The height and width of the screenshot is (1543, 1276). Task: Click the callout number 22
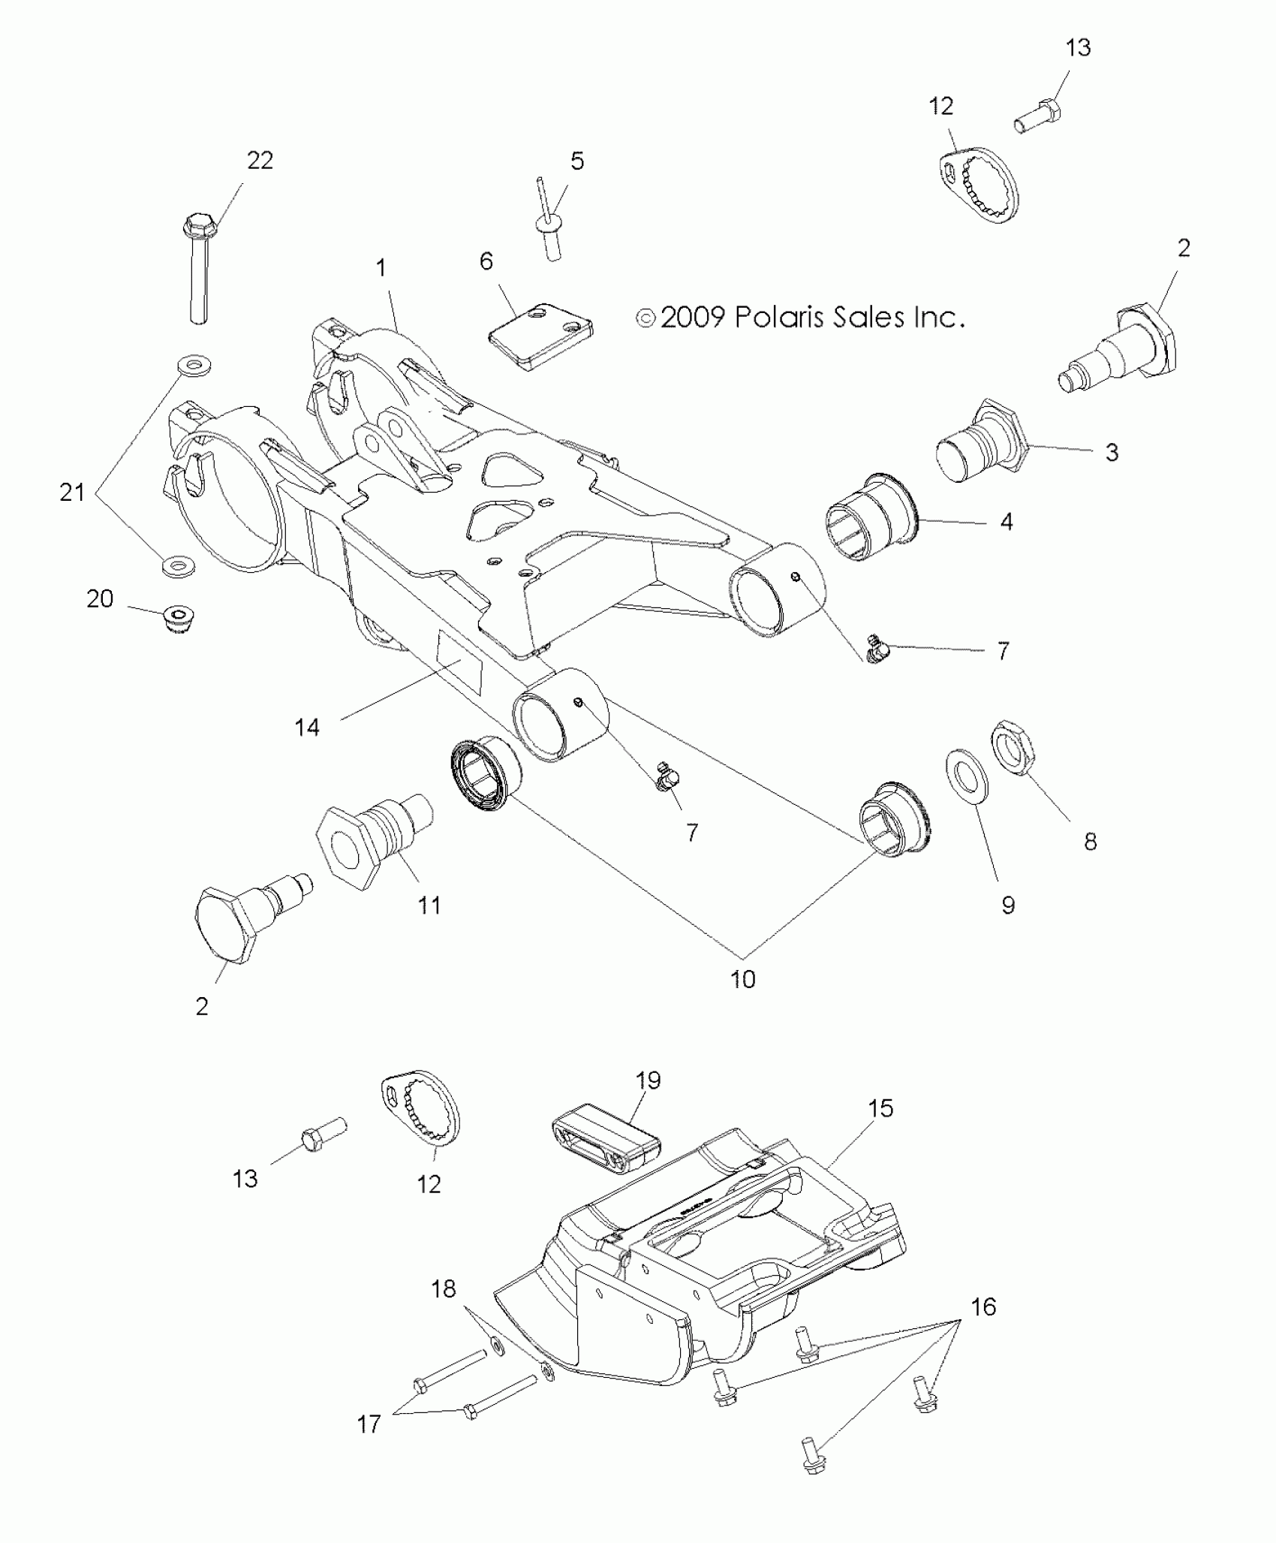click(260, 160)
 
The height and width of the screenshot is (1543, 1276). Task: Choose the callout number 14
click(307, 727)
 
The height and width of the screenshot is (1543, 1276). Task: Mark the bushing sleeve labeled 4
click(871, 517)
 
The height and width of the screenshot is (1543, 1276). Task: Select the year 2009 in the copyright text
click(692, 317)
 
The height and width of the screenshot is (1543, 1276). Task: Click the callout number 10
click(743, 979)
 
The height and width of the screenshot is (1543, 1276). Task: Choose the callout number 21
click(72, 493)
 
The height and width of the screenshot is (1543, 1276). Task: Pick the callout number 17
click(369, 1424)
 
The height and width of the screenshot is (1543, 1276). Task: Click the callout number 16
click(983, 1307)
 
